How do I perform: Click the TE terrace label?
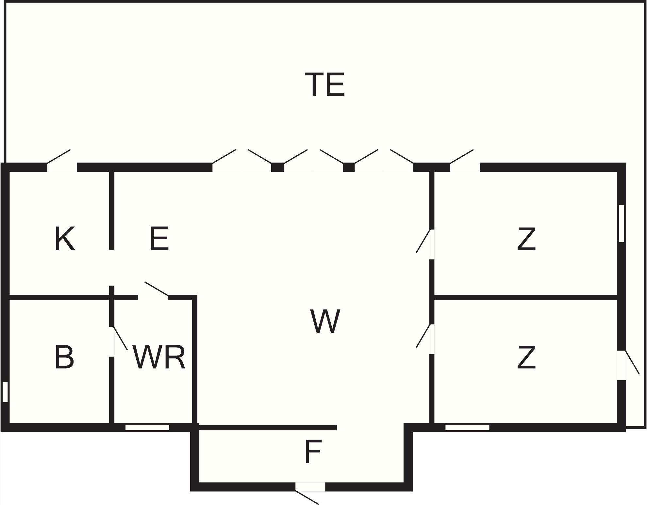tap(324, 85)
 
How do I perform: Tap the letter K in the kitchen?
tap(65, 239)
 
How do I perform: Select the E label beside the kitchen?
tap(159, 239)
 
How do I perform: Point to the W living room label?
tap(325, 321)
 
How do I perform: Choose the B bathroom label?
tap(64, 357)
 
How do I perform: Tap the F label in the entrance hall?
tap(313, 452)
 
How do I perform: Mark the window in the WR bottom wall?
tap(147, 428)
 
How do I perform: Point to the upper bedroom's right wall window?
tap(622, 223)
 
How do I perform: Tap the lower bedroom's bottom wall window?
tap(467, 428)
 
